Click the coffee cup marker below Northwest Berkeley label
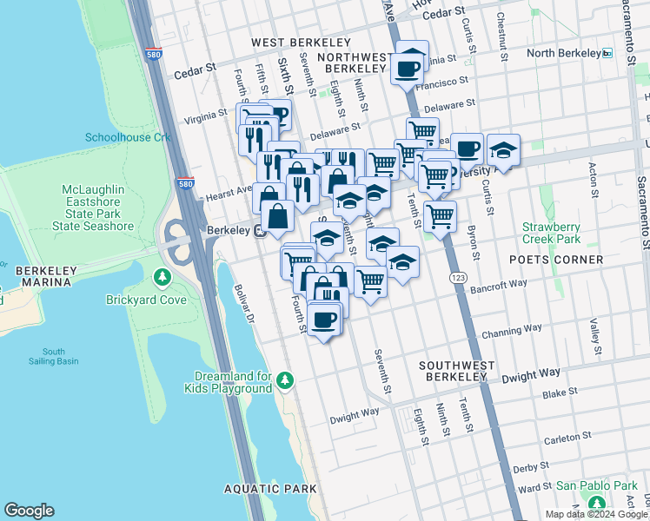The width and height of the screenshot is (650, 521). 407,67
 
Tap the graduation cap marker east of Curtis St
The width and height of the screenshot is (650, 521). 503,151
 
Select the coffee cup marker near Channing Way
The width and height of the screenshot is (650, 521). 323,320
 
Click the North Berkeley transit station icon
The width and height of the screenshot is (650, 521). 607,53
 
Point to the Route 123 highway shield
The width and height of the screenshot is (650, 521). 457,276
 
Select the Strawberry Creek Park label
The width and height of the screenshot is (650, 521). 551,233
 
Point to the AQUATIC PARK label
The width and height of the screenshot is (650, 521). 270,489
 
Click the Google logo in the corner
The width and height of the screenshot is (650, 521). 29,511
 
